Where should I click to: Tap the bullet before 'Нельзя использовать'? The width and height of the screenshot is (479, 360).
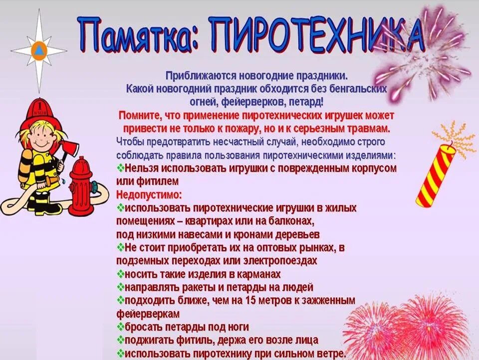click(120, 168)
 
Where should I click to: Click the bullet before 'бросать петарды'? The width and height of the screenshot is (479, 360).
click(120, 328)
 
